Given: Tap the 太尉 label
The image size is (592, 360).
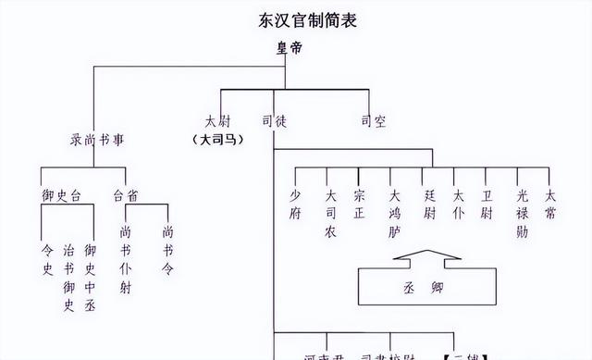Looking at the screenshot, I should pyautogui.click(x=221, y=120).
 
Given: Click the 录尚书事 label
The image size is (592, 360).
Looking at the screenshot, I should pyautogui.click(x=97, y=141).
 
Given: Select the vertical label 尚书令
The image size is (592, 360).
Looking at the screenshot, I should pyautogui.click(x=168, y=243).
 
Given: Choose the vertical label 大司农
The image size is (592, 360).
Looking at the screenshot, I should pyautogui.click(x=330, y=214).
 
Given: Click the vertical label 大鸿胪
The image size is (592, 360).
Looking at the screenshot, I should pyautogui.click(x=394, y=214).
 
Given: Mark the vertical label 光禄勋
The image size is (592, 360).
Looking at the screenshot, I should pyautogui.click(x=523, y=214).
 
